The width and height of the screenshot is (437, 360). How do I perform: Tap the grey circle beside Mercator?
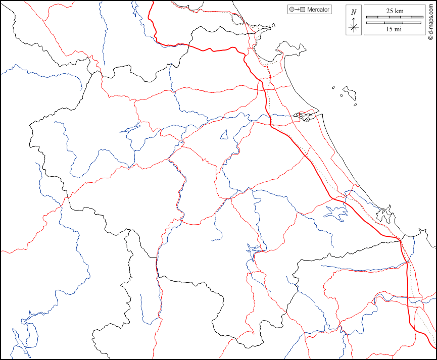(x=292, y=10)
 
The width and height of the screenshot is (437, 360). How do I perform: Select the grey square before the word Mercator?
(x=303, y=10)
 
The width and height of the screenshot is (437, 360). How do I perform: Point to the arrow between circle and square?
(x=297, y=10)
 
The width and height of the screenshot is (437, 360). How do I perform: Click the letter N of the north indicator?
(x=354, y=12)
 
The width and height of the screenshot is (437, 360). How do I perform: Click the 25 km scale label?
(x=395, y=11)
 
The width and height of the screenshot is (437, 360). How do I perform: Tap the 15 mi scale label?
(x=394, y=29)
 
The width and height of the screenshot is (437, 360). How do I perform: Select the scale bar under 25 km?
(x=395, y=17)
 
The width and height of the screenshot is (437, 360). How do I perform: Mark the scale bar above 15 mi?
(x=395, y=23)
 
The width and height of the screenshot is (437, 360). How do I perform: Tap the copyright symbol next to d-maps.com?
(x=430, y=37)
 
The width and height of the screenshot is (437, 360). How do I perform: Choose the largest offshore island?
(x=349, y=92)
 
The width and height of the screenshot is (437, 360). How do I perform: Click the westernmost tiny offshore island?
(x=334, y=87)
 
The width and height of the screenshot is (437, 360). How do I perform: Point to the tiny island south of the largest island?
(x=356, y=105)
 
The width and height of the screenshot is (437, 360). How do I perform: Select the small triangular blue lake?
(x=224, y=135)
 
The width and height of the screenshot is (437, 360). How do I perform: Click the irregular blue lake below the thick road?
(x=336, y=213)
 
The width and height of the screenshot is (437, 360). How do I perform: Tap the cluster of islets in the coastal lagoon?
(x=305, y=117)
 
